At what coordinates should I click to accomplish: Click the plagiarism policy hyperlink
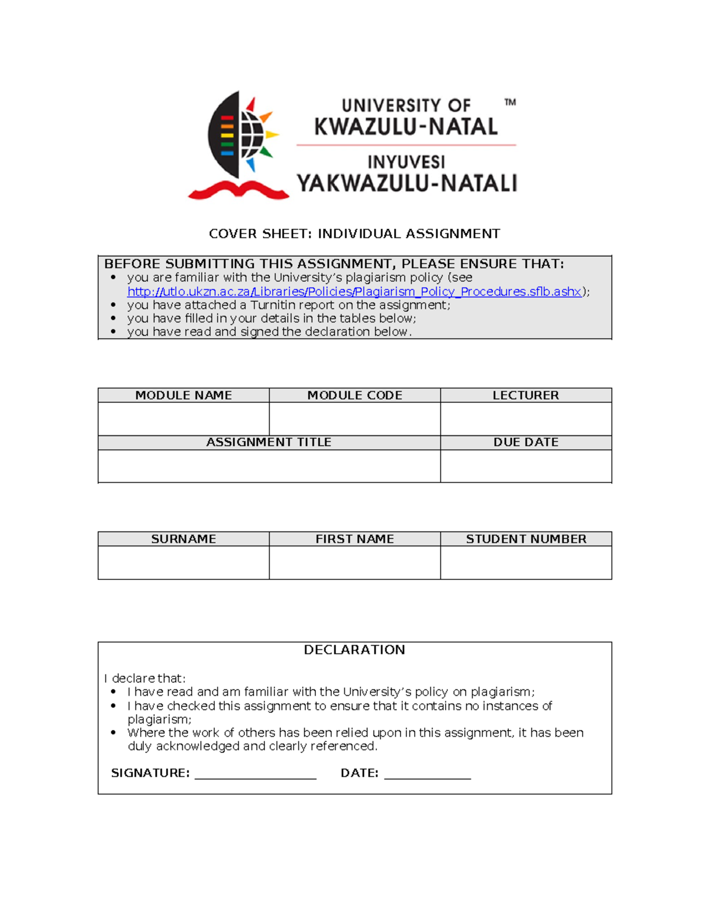[354, 292]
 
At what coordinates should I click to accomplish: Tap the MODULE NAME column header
[183, 395]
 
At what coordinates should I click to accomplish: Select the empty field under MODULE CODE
[354, 419]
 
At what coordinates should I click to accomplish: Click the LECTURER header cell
[525, 395]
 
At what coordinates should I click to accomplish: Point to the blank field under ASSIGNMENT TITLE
[269, 466]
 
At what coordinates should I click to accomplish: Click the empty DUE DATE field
[525, 466]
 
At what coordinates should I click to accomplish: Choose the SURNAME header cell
[183, 539]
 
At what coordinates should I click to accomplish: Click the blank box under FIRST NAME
[354, 562]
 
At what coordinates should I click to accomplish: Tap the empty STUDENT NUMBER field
[525, 562]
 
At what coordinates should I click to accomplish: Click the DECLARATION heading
[354, 650]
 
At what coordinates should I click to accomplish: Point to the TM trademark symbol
[510, 102]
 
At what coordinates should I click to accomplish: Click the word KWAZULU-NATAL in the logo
[406, 127]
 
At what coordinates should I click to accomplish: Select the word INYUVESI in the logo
[406, 162]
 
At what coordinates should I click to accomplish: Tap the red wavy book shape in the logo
[238, 190]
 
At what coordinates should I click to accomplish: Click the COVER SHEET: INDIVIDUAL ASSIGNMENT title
[354, 234]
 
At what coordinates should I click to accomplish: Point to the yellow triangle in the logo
[272, 135]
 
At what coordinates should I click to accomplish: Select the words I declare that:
[145, 678]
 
